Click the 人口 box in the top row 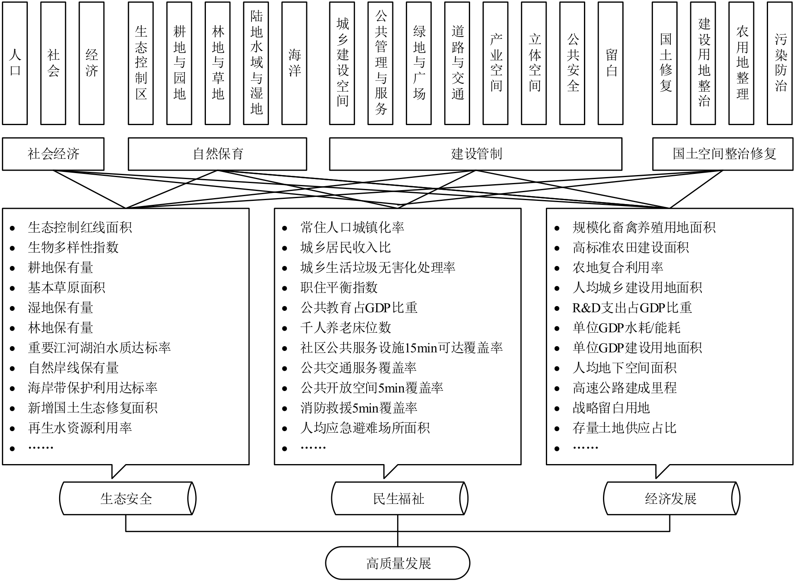[x=15, y=63]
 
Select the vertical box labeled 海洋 [x=294, y=63]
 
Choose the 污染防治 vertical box [x=780, y=63]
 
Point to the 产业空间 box [x=495, y=63]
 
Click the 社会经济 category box [x=53, y=154]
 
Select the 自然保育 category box [x=217, y=154]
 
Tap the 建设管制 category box [x=476, y=154]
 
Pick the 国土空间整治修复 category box [x=723, y=154]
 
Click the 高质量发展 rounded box [x=398, y=563]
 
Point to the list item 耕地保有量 [x=60, y=268]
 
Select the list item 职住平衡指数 [x=339, y=287]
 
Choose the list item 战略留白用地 [x=611, y=408]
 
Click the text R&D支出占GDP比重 [x=632, y=308]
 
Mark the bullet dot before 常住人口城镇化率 [x=284, y=228]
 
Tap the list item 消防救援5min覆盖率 [x=359, y=408]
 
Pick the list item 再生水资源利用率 [x=80, y=428]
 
